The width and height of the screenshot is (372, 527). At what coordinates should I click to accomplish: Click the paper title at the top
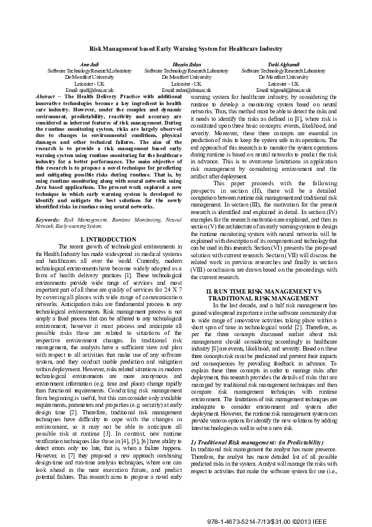point(186,48)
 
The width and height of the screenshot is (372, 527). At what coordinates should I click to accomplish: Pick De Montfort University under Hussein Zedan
point(186,77)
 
